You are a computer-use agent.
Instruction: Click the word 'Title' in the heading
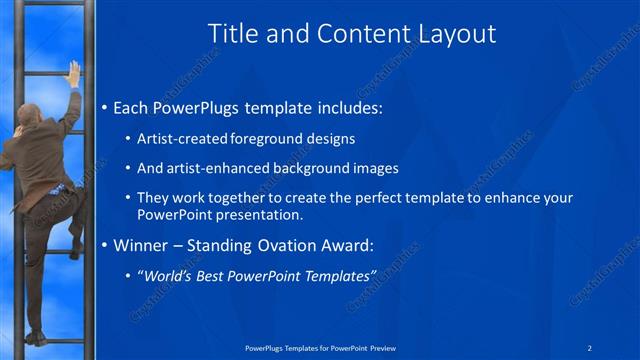point(232,33)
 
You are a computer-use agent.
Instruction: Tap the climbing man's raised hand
point(73,72)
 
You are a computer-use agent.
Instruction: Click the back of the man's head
point(31,115)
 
